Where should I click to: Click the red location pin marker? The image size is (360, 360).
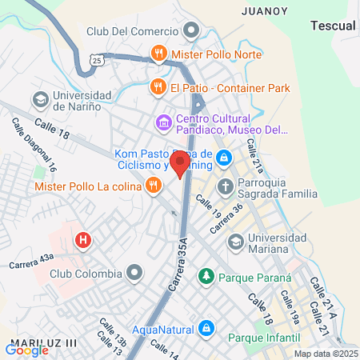point(180,164)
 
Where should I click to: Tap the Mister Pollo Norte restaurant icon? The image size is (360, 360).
point(158,54)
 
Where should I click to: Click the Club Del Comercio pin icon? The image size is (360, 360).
point(191,32)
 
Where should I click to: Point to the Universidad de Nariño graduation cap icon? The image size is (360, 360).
point(39,100)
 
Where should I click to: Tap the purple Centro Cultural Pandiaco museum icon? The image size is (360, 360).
point(164,122)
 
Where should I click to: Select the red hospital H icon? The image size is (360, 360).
point(82,239)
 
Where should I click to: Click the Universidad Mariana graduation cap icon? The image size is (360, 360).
point(235,242)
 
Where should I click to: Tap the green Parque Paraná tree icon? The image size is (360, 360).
point(206,277)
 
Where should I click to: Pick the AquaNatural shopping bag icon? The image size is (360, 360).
point(206,328)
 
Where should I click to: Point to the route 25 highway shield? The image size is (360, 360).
point(95,60)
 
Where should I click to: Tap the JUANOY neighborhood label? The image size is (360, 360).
point(262,11)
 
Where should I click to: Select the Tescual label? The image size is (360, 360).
point(331,26)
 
